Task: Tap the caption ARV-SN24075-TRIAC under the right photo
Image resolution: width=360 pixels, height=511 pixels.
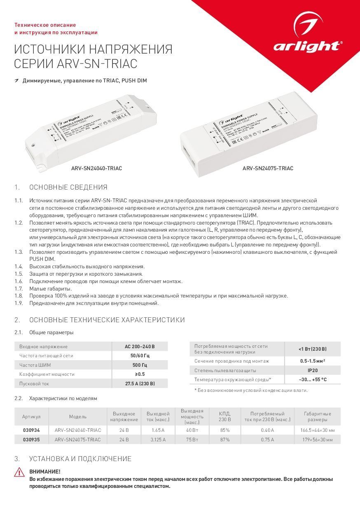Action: [x=268, y=169]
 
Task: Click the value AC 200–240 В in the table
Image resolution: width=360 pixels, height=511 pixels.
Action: [x=140, y=347]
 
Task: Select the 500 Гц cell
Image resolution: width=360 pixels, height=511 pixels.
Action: [x=140, y=365]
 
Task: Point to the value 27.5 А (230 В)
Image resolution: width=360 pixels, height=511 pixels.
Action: [x=140, y=384]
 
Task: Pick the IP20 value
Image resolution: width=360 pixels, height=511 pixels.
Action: [x=312, y=370]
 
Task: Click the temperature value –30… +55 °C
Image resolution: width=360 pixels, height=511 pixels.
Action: [x=312, y=380]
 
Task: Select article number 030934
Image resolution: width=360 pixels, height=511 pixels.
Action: [x=31, y=430]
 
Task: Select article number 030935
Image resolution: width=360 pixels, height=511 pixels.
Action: [x=31, y=440]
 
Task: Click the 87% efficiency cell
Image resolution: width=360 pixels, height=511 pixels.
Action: [x=225, y=440]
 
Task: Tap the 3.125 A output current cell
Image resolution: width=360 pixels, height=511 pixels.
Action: [x=158, y=440]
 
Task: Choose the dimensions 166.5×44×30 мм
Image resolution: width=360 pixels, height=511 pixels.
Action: [x=317, y=430]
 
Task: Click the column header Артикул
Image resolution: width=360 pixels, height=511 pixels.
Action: [x=31, y=417]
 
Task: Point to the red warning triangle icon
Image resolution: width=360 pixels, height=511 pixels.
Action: [x=19, y=472]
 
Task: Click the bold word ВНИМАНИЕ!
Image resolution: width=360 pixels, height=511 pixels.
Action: [x=45, y=472]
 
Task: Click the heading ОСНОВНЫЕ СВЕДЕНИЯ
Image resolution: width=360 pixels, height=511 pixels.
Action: [x=68, y=188]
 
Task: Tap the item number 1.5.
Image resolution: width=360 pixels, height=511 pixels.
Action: [x=19, y=274]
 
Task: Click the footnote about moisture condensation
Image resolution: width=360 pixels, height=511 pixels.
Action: [x=251, y=390]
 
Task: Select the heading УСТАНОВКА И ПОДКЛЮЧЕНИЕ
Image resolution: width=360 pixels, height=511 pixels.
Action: [x=80, y=459]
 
